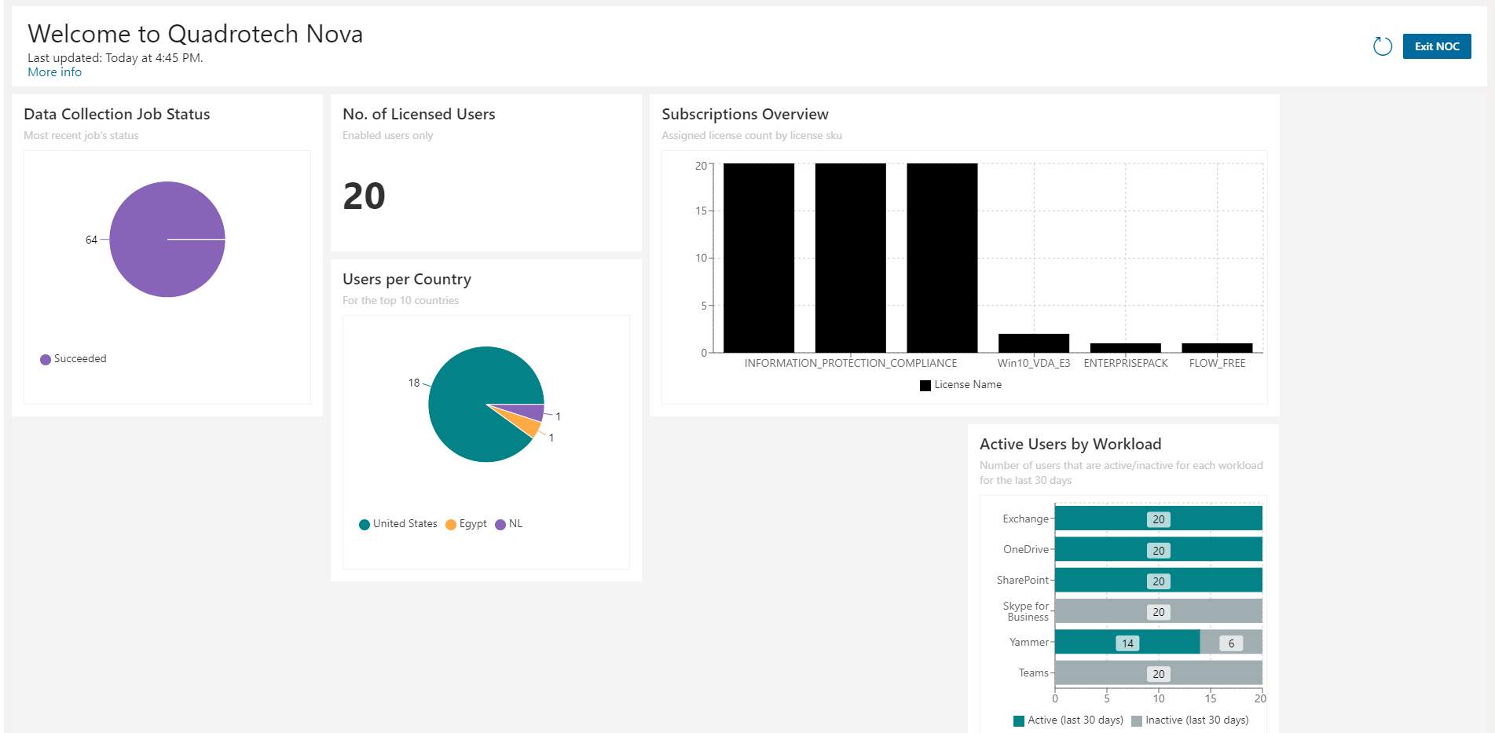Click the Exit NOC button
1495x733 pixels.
pos(1436,46)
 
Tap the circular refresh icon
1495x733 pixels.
pos(1382,46)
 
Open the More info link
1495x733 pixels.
pos(54,72)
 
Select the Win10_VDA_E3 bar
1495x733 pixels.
pos(1033,343)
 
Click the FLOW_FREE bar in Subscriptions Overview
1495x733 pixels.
pos(1217,347)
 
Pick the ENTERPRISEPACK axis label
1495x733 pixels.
pos(1125,363)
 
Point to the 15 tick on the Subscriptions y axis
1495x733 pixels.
pos(700,211)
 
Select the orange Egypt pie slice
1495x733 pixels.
pos(526,423)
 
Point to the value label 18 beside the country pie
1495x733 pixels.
pos(413,383)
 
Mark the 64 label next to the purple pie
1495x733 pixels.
pos(91,240)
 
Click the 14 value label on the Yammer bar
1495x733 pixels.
pos(1127,643)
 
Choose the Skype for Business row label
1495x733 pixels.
pos(1026,611)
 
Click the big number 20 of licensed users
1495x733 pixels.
pos(364,196)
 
